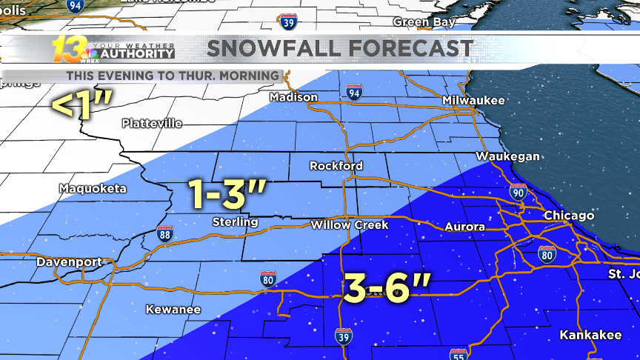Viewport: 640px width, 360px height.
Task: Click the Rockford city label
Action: click(x=336, y=165)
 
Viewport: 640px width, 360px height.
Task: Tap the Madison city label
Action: click(x=293, y=97)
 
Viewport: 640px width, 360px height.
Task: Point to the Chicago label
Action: click(x=569, y=216)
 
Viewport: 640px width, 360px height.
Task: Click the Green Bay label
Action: click(x=424, y=22)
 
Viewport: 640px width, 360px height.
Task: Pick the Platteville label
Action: click(x=152, y=123)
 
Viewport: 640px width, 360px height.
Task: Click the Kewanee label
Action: click(x=173, y=309)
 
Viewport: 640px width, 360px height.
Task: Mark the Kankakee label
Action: click(x=590, y=335)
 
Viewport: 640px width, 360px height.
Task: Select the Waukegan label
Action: click(x=507, y=156)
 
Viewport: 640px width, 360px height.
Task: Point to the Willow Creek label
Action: click(x=349, y=224)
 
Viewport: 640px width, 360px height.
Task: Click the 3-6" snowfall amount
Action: click(x=385, y=287)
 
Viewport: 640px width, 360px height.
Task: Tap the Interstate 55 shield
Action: click(x=456, y=353)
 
